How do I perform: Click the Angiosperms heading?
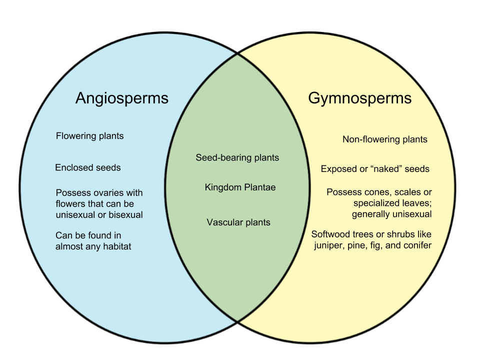121,98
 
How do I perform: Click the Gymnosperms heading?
359,98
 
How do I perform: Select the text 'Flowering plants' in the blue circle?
89,136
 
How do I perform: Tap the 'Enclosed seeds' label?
87,167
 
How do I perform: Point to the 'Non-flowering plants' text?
384,139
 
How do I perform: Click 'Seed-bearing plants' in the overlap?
237,157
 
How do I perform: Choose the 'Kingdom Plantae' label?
240,187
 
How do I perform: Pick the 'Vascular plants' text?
238,222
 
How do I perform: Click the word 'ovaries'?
104,193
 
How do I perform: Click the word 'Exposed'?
337,169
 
